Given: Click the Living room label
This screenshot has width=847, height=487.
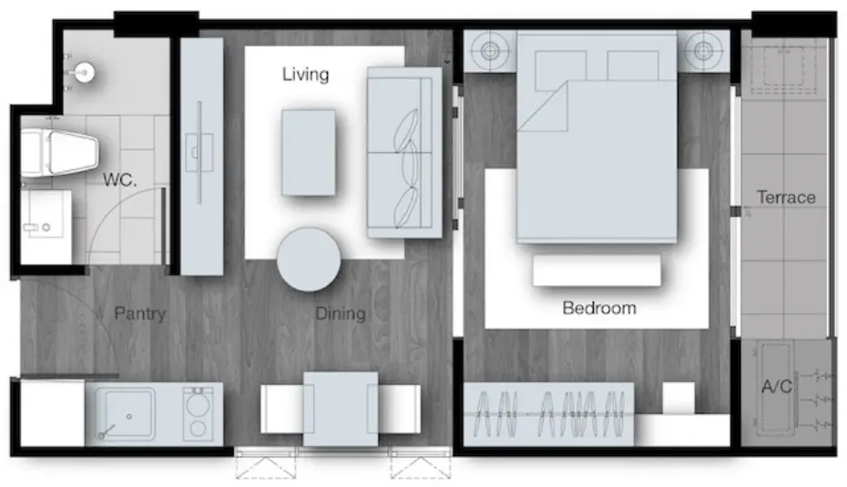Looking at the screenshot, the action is coord(305,74).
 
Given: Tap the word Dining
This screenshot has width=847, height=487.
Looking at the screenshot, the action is coord(341,314).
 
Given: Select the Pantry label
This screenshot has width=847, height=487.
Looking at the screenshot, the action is coord(140,314).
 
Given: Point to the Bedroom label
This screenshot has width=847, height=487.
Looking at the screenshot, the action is coord(599,309).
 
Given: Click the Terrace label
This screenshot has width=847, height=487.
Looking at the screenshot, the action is coord(786,198).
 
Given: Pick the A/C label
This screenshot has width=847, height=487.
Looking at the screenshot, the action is coord(777,387).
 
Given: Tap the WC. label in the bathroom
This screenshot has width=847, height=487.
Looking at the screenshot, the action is coord(120,180).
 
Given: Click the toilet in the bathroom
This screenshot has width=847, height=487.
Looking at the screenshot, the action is coord(58,153).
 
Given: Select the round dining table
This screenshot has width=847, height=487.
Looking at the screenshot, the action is coord(309,259).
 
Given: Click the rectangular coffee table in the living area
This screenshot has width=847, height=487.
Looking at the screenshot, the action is coord(309,153).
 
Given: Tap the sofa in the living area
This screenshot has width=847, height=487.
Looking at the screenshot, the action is coord(404,152).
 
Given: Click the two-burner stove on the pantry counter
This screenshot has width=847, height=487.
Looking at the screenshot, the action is coord(198,413).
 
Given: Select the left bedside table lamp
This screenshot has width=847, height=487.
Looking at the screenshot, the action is coord(490,51).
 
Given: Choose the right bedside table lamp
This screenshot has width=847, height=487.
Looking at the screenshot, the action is coord(703,51).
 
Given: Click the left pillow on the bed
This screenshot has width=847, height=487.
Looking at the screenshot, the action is coord(561,70).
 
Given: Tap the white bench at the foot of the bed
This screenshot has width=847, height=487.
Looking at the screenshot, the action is coord(597,270).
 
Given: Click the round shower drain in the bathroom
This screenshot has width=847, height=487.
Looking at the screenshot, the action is coord(85,71).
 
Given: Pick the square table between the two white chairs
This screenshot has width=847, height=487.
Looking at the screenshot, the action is coord(341,410).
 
